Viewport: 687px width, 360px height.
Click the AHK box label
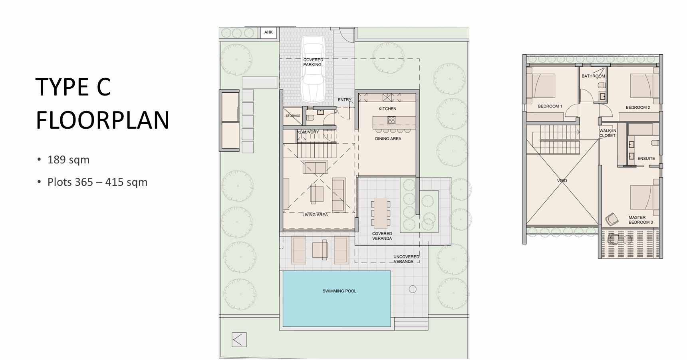(268, 32)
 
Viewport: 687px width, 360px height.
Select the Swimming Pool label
(339, 291)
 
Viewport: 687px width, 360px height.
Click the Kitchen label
(387, 109)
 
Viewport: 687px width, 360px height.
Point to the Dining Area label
(388, 139)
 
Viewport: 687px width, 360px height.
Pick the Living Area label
(315, 215)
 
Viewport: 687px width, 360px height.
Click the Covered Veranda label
(382, 236)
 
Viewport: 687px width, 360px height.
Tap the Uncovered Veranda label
(406, 259)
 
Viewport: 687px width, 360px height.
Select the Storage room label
(293, 116)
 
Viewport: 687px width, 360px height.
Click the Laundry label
(309, 132)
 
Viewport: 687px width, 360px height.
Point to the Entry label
(344, 99)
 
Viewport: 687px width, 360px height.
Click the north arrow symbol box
(239, 340)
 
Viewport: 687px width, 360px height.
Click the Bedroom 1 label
(550, 106)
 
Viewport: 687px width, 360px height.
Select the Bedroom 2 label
(637, 107)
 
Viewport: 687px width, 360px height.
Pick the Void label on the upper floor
(562, 181)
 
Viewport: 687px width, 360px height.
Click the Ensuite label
(646, 159)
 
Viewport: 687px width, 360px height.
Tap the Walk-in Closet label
(608, 133)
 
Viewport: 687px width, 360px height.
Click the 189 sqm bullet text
(68, 160)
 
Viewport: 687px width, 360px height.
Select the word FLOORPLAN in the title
(103, 120)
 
